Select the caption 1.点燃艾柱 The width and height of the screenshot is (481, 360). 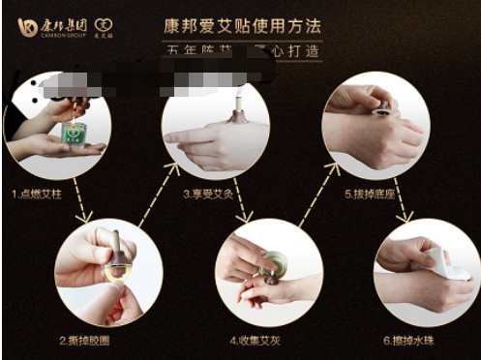(x=37, y=194)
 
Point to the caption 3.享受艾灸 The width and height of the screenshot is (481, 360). (x=209, y=194)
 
